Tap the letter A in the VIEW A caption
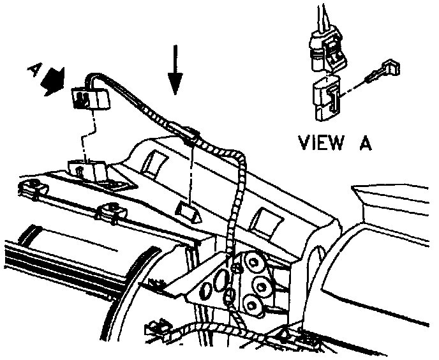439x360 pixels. pyautogui.click(x=365, y=142)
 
